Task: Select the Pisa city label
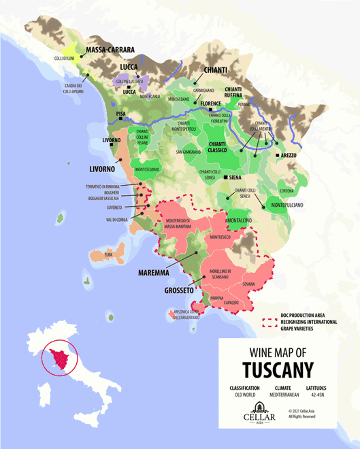pyautogui.click(x=122, y=114)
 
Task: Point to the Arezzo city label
pyautogui.click(x=288, y=156)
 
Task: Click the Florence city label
pyautogui.click(x=212, y=103)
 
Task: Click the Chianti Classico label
pyautogui.click(x=222, y=148)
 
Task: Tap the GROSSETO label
pyautogui.click(x=182, y=290)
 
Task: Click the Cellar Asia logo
pyautogui.click(x=259, y=412)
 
